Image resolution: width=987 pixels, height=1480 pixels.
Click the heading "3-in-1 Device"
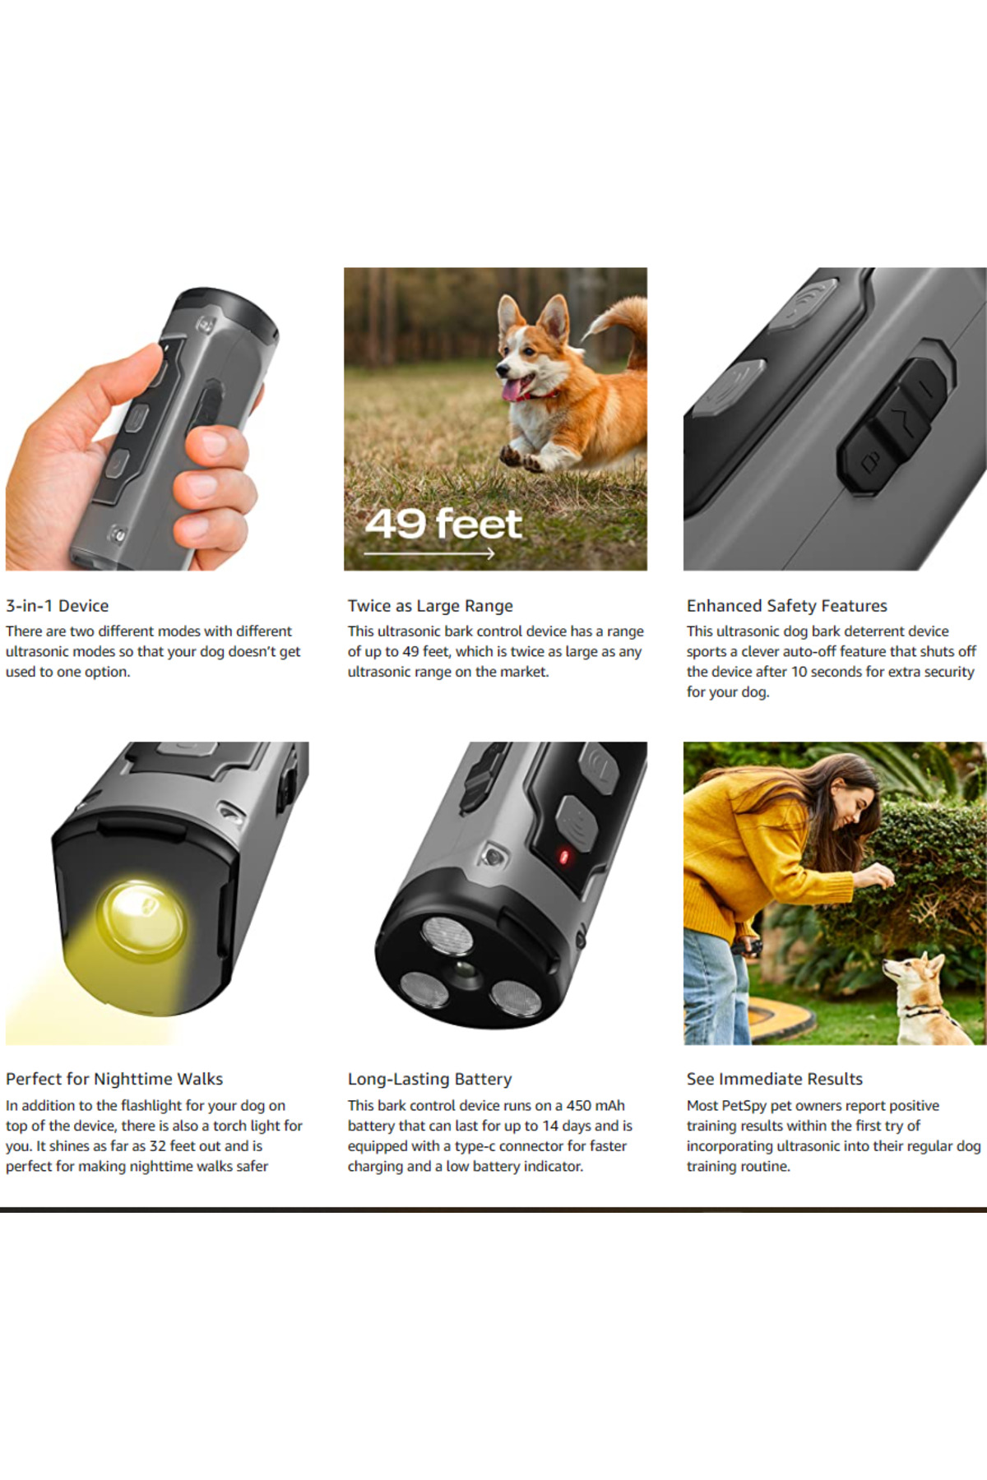pos(57,606)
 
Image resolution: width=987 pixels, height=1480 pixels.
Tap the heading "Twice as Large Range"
pos(430,606)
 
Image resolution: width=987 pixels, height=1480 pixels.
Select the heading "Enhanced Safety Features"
pos(787,606)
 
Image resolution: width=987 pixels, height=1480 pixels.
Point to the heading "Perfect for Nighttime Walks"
pos(114,1079)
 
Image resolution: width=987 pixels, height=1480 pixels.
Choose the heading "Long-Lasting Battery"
pos(429,1079)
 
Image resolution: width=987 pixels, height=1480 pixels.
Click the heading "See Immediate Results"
pos(775,1079)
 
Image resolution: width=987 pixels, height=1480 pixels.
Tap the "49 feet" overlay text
pos(443,524)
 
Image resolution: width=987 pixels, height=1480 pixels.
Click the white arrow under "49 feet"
pos(429,553)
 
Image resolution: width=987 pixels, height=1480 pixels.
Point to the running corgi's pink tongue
pos(513,390)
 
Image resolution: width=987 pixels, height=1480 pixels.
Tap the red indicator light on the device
pos(564,857)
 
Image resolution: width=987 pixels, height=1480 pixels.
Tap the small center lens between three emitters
pos(465,971)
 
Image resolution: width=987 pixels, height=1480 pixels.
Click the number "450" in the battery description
pos(579,1105)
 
